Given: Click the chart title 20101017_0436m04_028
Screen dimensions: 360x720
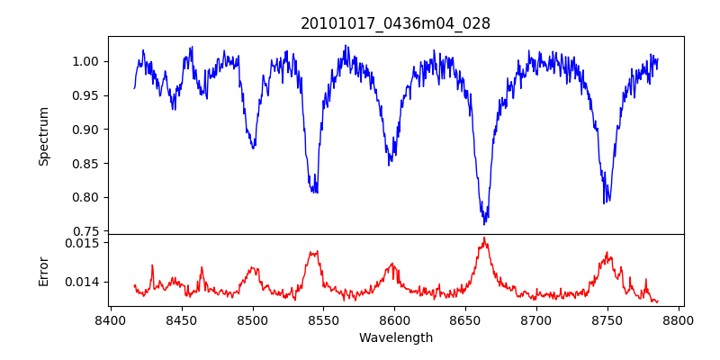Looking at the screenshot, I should (395, 23).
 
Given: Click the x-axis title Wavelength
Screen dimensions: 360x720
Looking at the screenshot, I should (395, 337).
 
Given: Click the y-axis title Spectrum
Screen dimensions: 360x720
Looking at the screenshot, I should (43, 136).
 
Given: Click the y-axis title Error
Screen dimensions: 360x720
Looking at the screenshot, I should (43, 270).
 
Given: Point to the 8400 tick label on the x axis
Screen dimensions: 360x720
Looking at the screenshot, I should (110, 319).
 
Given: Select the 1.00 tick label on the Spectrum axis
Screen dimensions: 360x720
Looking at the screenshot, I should (85, 61).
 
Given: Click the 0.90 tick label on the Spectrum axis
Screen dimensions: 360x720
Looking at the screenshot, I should (85, 130).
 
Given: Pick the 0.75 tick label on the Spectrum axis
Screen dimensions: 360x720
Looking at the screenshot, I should (85, 231).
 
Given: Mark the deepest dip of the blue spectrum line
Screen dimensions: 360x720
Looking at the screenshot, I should (485, 223).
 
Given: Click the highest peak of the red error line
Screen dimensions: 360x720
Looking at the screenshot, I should (484, 238).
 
